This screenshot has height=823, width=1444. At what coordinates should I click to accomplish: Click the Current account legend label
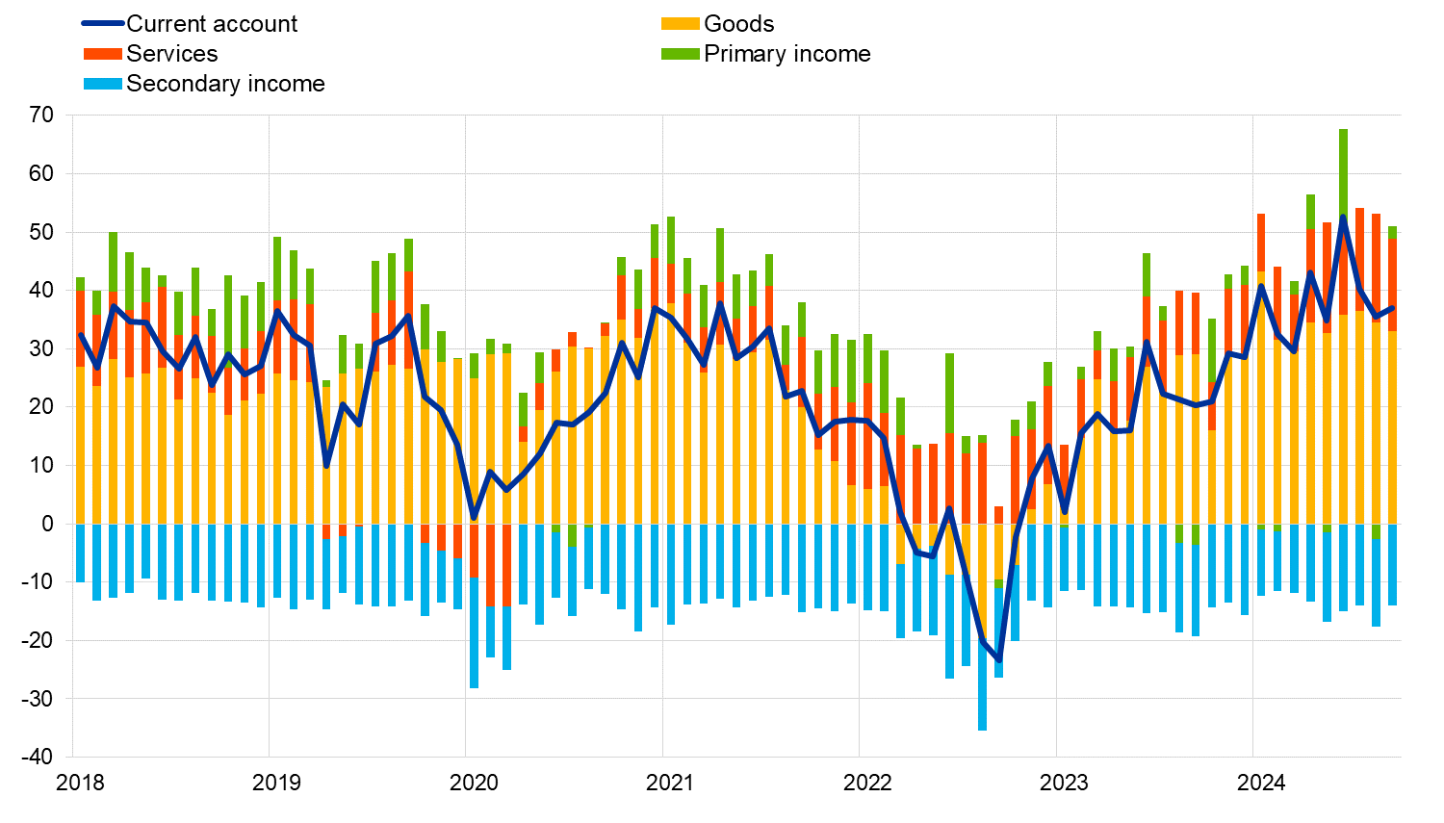click(212, 24)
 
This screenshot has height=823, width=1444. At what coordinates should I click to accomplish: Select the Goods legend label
click(738, 24)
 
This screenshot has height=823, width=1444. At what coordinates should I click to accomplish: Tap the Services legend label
click(171, 54)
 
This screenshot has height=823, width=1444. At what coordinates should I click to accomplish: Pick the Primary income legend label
click(786, 54)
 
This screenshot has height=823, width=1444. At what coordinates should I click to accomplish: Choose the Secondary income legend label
click(225, 84)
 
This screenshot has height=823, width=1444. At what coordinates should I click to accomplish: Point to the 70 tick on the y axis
click(41, 116)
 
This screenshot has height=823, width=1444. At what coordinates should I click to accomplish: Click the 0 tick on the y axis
click(47, 524)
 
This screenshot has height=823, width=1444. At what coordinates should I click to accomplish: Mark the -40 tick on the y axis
click(38, 757)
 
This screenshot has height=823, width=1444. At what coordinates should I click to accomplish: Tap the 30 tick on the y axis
click(41, 348)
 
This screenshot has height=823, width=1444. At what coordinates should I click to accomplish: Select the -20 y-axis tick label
click(38, 640)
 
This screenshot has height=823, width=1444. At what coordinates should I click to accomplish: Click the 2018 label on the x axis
click(80, 783)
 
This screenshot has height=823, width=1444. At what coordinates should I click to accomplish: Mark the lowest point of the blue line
click(998, 661)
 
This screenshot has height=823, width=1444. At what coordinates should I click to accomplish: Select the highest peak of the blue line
click(1343, 217)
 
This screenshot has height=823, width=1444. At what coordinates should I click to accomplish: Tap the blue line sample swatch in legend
click(103, 24)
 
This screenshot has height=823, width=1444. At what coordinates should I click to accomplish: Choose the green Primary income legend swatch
click(680, 54)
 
